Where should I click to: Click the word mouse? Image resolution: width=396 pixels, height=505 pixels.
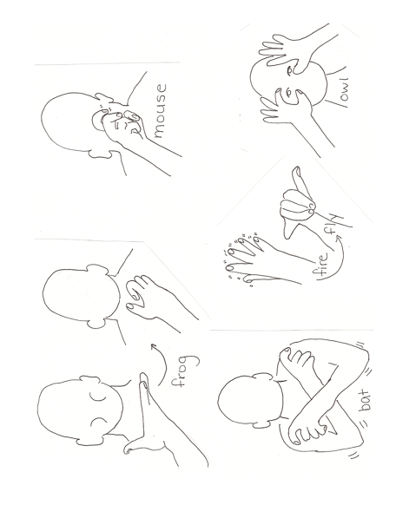click(160, 111)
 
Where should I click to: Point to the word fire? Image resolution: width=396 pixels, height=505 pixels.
click(320, 264)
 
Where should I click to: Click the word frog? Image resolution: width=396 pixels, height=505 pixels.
click(183, 371)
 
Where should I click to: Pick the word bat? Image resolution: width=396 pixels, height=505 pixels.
click(365, 400)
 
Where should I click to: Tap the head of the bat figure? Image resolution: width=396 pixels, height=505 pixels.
click(250, 400)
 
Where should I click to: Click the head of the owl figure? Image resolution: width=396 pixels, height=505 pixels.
click(288, 83)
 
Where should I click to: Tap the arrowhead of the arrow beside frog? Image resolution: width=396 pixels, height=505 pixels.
click(154, 347)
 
